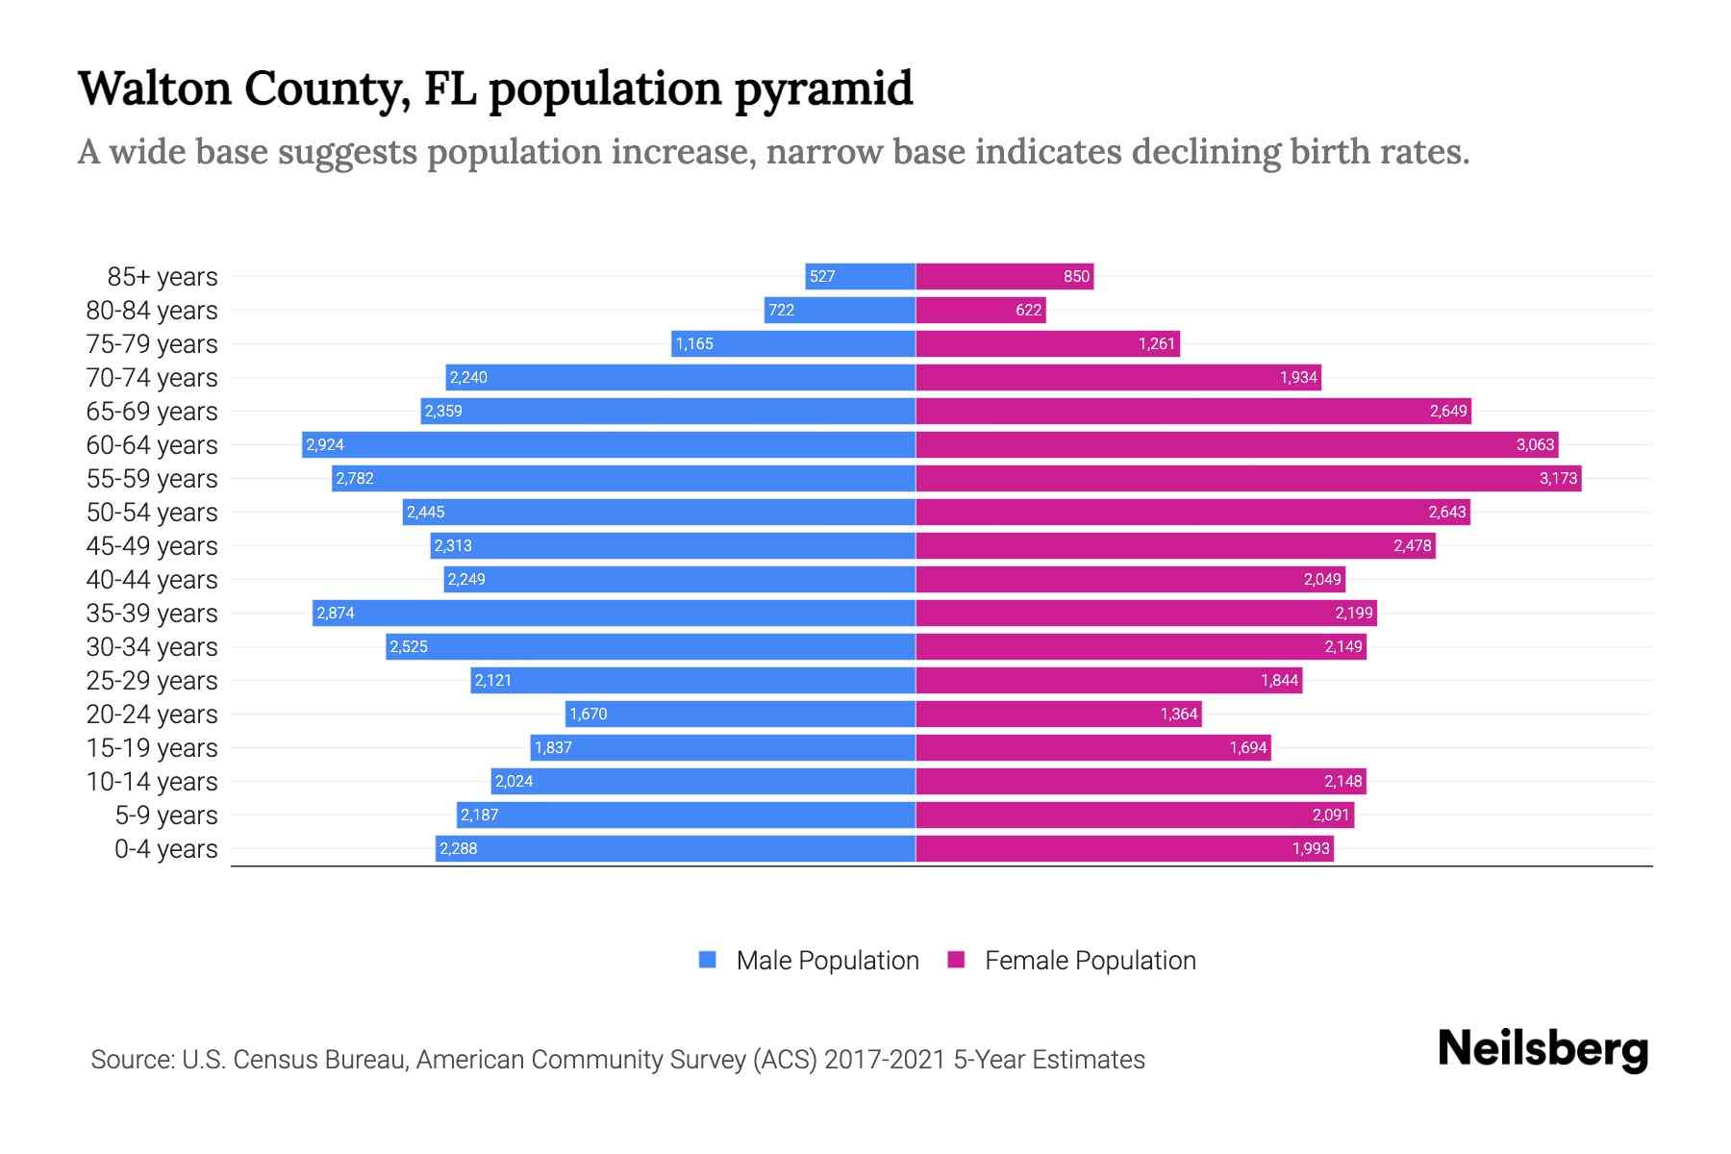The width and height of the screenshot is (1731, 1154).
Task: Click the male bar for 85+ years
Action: tap(860, 276)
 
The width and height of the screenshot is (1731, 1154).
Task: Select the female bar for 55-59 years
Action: tap(1248, 478)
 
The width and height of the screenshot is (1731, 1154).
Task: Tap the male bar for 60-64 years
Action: tap(608, 444)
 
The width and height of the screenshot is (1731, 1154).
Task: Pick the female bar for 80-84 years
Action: tap(980, 310)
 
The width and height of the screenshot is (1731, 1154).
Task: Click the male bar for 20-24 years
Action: tap(740, 714)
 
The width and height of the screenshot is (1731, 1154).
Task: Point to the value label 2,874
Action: tap(336, 613)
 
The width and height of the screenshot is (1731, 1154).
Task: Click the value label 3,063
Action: tap(1535, 444)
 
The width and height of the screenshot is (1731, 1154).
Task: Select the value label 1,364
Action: tap(1178, 714)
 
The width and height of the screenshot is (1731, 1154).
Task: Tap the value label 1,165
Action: tap(694, 343)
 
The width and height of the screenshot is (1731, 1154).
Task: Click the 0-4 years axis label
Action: tap(165, 848)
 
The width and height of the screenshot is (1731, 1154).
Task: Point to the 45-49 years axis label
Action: tap(152, 545)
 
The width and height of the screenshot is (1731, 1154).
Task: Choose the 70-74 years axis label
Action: tap(152, 377)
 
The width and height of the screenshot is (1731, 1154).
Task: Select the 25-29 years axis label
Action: tap(152, 680)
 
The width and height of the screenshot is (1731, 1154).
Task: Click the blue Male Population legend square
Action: tap(708, 960)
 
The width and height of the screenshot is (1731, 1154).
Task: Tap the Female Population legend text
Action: tap(1090, 960)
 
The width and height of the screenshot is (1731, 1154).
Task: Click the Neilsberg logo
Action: tap(1543, 1049)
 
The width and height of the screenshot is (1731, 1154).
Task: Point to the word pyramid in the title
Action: tap(823, 88)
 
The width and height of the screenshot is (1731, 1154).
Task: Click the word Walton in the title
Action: tap(155, 88)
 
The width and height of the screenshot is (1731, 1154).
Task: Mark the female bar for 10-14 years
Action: tap(1141, 781)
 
